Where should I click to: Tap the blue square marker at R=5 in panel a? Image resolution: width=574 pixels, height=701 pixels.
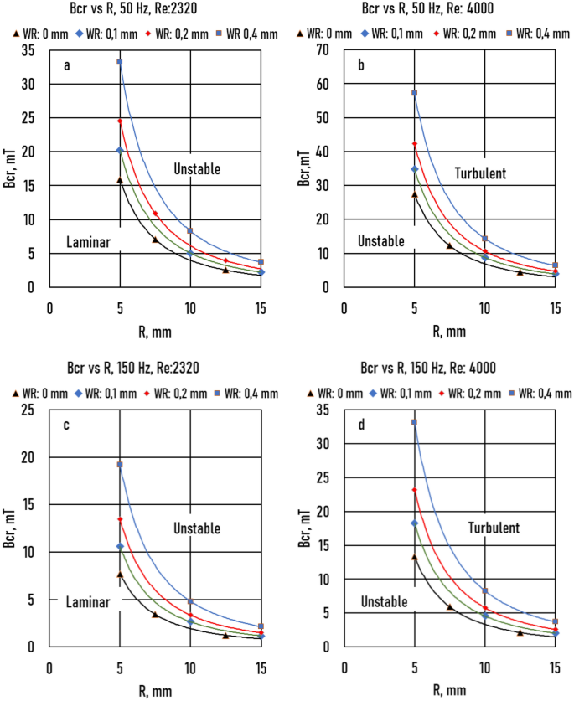120,62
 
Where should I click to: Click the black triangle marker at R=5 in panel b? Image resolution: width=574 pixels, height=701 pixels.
414,194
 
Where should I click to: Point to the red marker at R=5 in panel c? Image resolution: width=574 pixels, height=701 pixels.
120,519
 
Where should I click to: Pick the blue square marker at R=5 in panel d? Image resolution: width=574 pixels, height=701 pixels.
414,422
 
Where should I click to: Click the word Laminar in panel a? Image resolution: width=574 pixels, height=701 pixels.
88,243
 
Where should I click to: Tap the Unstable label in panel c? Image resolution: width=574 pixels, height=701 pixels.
197,528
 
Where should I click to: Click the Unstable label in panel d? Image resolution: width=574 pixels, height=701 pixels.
384,601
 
